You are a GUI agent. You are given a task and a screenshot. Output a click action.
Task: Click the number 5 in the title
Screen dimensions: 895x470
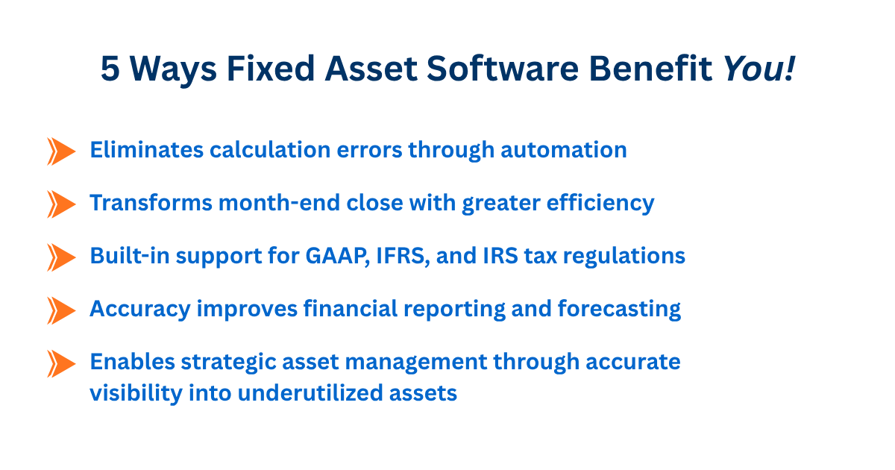click(110, 69)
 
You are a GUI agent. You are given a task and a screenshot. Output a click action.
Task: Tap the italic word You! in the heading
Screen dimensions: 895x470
click(759, 69)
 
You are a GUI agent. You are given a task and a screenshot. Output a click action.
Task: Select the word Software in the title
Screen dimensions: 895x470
click(503, 68)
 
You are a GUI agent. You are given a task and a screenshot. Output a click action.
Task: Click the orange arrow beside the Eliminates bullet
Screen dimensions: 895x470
click(61, 151)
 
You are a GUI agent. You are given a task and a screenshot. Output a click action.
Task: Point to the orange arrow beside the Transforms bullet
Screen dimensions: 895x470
click(61, 204)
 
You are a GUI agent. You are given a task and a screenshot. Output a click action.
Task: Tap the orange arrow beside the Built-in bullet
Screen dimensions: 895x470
click(61, 257)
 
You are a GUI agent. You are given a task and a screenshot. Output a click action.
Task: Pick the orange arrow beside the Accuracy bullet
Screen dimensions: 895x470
click(61, 310)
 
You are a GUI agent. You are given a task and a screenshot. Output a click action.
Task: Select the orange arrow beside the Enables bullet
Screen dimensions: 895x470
click(61, 364)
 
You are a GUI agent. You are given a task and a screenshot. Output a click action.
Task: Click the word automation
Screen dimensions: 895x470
click(564, 150)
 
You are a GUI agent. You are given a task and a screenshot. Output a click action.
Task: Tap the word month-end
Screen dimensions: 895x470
click(279, 203)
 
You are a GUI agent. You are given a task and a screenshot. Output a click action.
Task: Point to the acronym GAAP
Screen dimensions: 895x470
click(337, 256)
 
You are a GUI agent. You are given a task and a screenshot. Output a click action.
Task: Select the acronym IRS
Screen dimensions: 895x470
click(500, 256)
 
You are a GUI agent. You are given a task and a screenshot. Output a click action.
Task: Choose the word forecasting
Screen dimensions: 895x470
click(619, 309)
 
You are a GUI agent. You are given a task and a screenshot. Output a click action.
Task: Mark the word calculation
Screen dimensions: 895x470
click(270, 150)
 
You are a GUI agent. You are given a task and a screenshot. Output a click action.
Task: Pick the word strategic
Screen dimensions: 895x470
click(228, 363)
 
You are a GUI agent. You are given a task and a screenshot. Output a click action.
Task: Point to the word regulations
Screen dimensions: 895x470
click(624, 257)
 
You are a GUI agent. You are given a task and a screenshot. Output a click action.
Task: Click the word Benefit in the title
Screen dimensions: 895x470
click(650, 68)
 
